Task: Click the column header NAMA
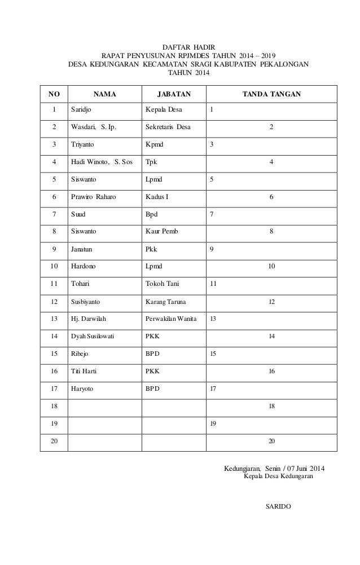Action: point(104,94)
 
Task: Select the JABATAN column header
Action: point(174,94)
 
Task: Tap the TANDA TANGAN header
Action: point(271,94)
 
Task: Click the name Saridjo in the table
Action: point(81,109)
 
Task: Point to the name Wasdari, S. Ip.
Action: point(94,127)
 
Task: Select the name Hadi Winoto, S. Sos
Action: point(102,162)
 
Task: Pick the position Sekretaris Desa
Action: point(168,127)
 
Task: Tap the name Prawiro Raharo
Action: point(94,197)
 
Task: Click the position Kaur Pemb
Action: point(163,232)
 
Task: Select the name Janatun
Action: point(83,249)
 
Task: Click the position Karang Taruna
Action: point(165,302)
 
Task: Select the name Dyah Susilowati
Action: point(93,337)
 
